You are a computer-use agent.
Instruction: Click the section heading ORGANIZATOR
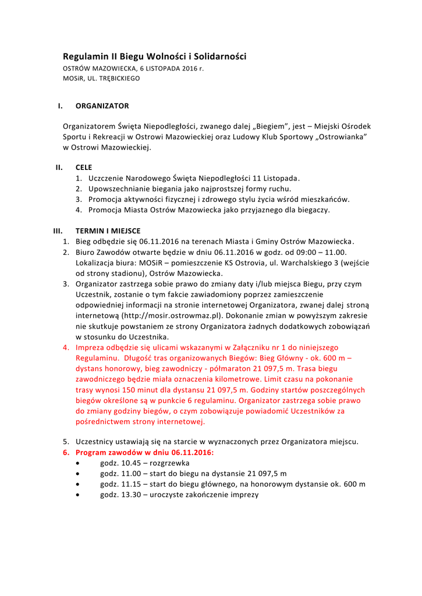pos(102,106)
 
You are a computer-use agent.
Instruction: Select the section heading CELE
pos(84,167)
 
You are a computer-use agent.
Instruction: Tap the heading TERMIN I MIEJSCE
pos(108,231)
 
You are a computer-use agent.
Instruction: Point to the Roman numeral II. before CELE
pos(59,167)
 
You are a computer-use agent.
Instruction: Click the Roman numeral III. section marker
pos(58,231)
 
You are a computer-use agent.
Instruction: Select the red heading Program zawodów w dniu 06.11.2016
pos(145,452)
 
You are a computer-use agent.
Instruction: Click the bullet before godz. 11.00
pos(79,474)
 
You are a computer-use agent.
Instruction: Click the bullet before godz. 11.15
pos(79,484)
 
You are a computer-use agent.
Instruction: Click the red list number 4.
pos(66,347)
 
